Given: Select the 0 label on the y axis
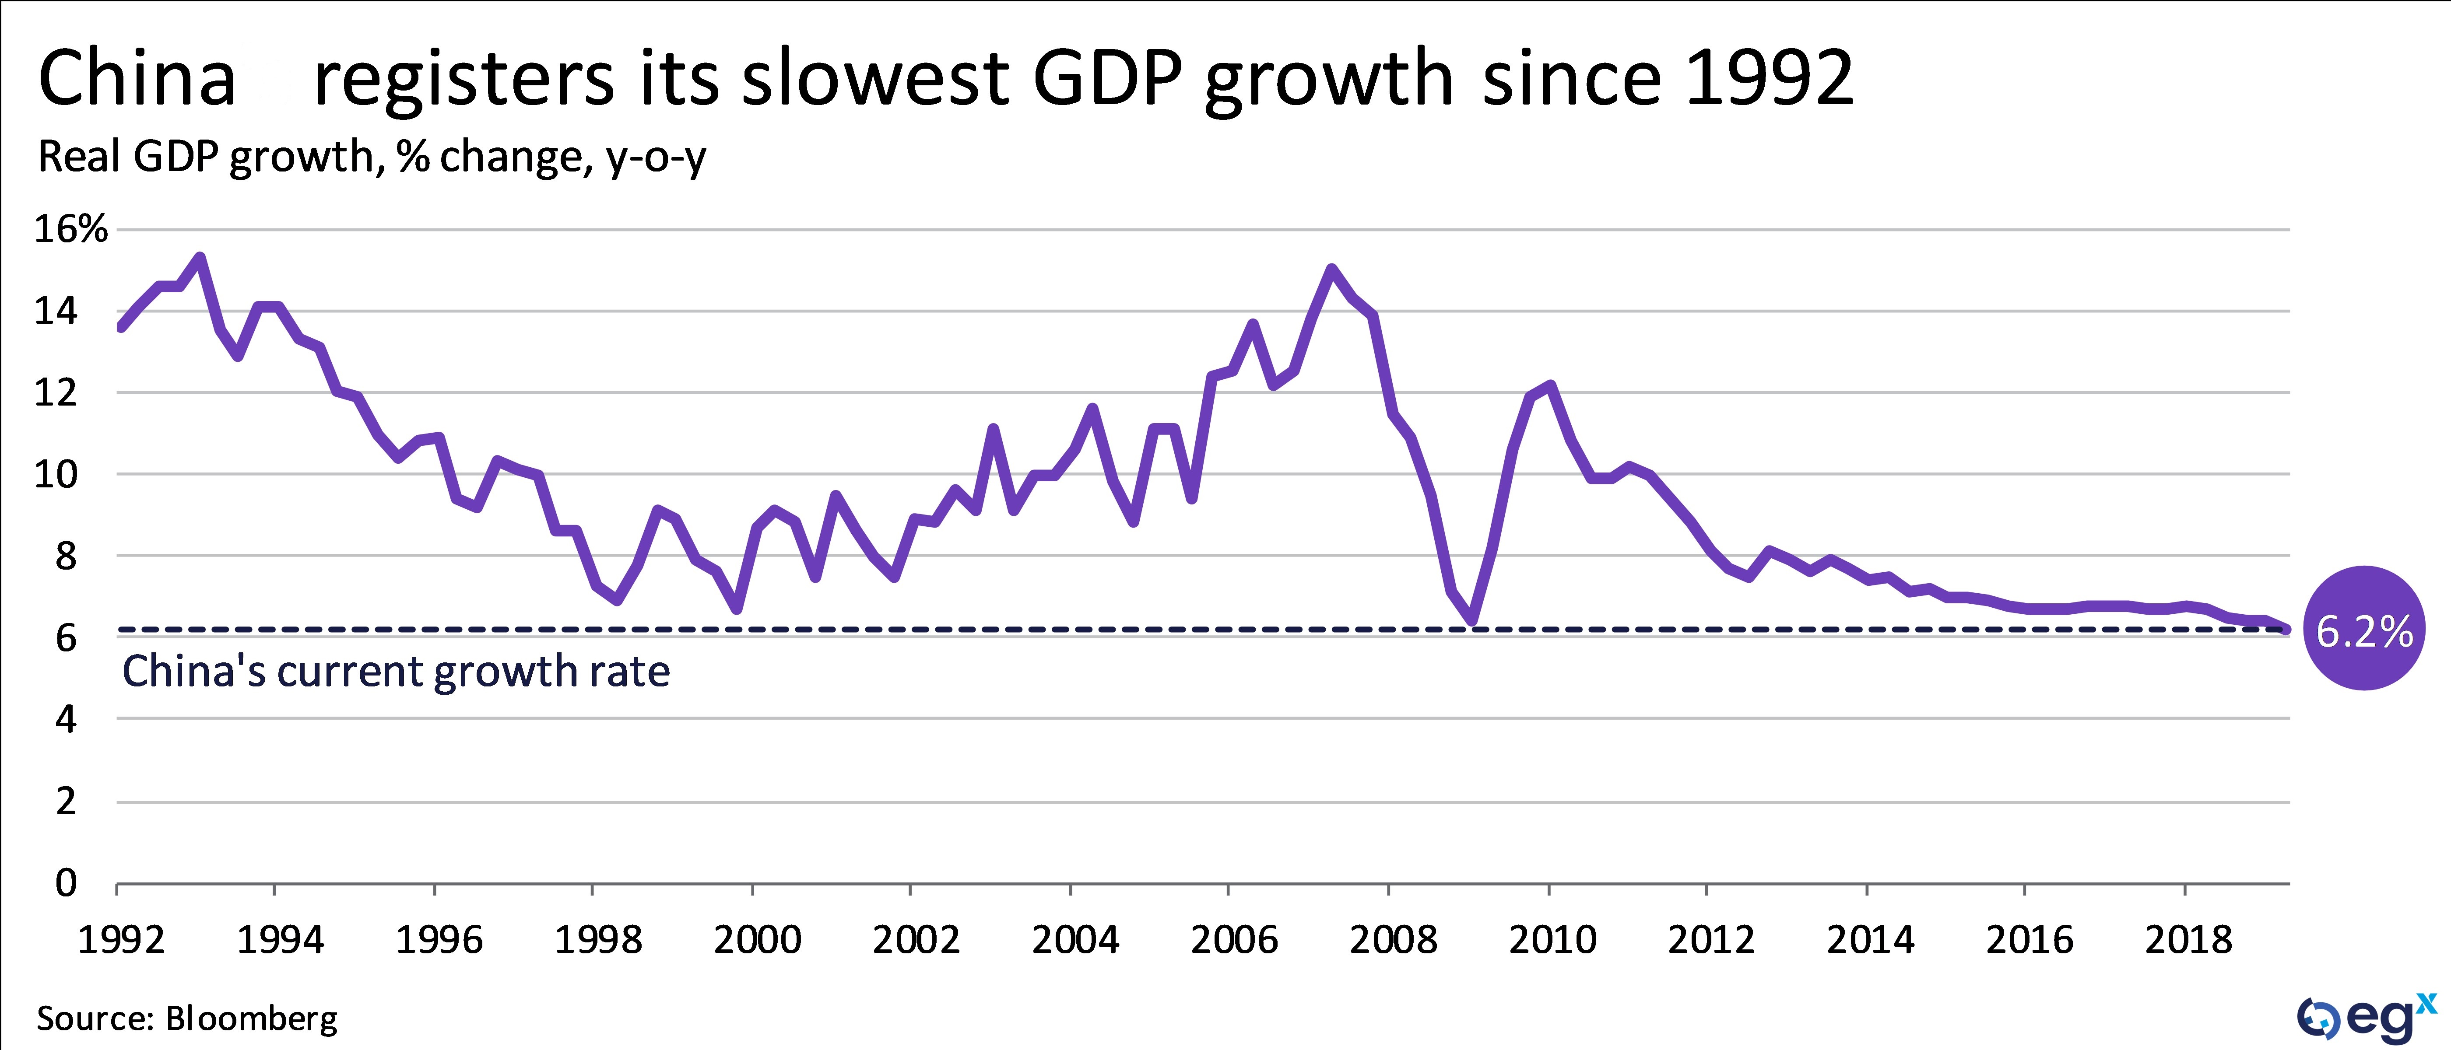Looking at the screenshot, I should click(x=65, y=882).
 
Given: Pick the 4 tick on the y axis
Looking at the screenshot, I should click(x=65, y=719).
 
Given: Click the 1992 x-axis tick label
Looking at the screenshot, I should click(x=121, y=940).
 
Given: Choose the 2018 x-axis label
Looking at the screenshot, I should click(x=2188, y=940).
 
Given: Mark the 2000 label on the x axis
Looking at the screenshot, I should click(x=757, y=940).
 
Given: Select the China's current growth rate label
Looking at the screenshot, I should click(x=396, y=672).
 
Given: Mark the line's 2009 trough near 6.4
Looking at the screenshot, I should click(x=1472, y=621).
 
